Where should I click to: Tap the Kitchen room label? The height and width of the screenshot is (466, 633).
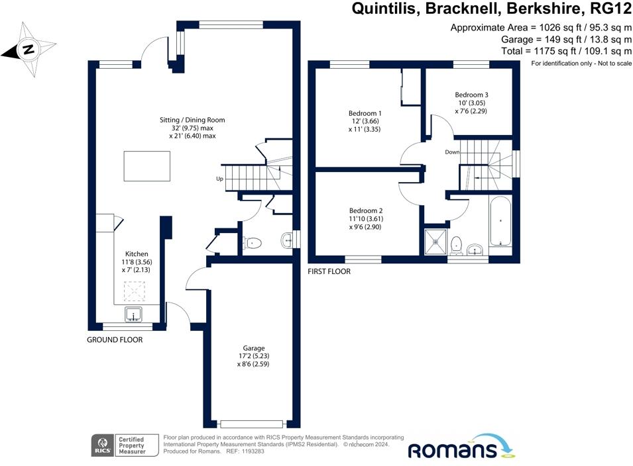[x=137, y=254]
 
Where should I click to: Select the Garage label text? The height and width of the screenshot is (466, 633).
[x=254, y=348]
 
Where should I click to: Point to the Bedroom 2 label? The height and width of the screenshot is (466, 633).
[x=366, y=210]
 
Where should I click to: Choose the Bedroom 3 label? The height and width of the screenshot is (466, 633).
[x=472, y=94]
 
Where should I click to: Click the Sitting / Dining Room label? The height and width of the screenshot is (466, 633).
[x=192, y=120]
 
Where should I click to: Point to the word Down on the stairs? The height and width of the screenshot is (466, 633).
[x=453, y=152]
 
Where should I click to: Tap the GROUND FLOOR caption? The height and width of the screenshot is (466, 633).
[x=115, y=340]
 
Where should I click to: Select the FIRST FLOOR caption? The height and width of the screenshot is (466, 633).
[x=329, y=271]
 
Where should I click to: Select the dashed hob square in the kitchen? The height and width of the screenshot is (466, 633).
[x=135, y=290]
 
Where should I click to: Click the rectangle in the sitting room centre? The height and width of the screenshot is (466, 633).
[x=146, y=166]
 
